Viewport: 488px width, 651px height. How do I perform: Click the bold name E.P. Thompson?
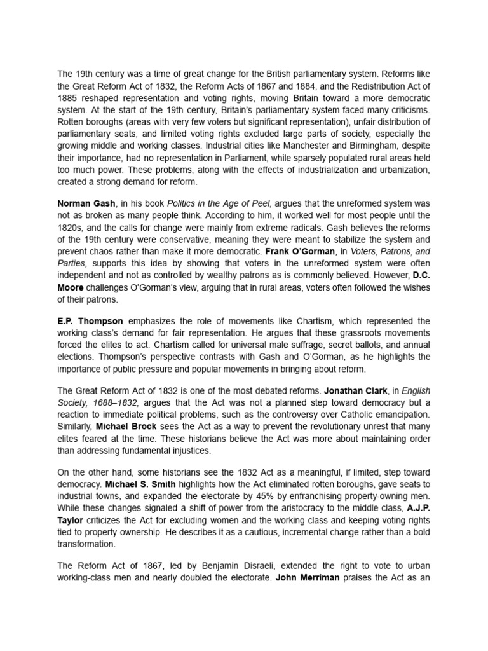92,320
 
